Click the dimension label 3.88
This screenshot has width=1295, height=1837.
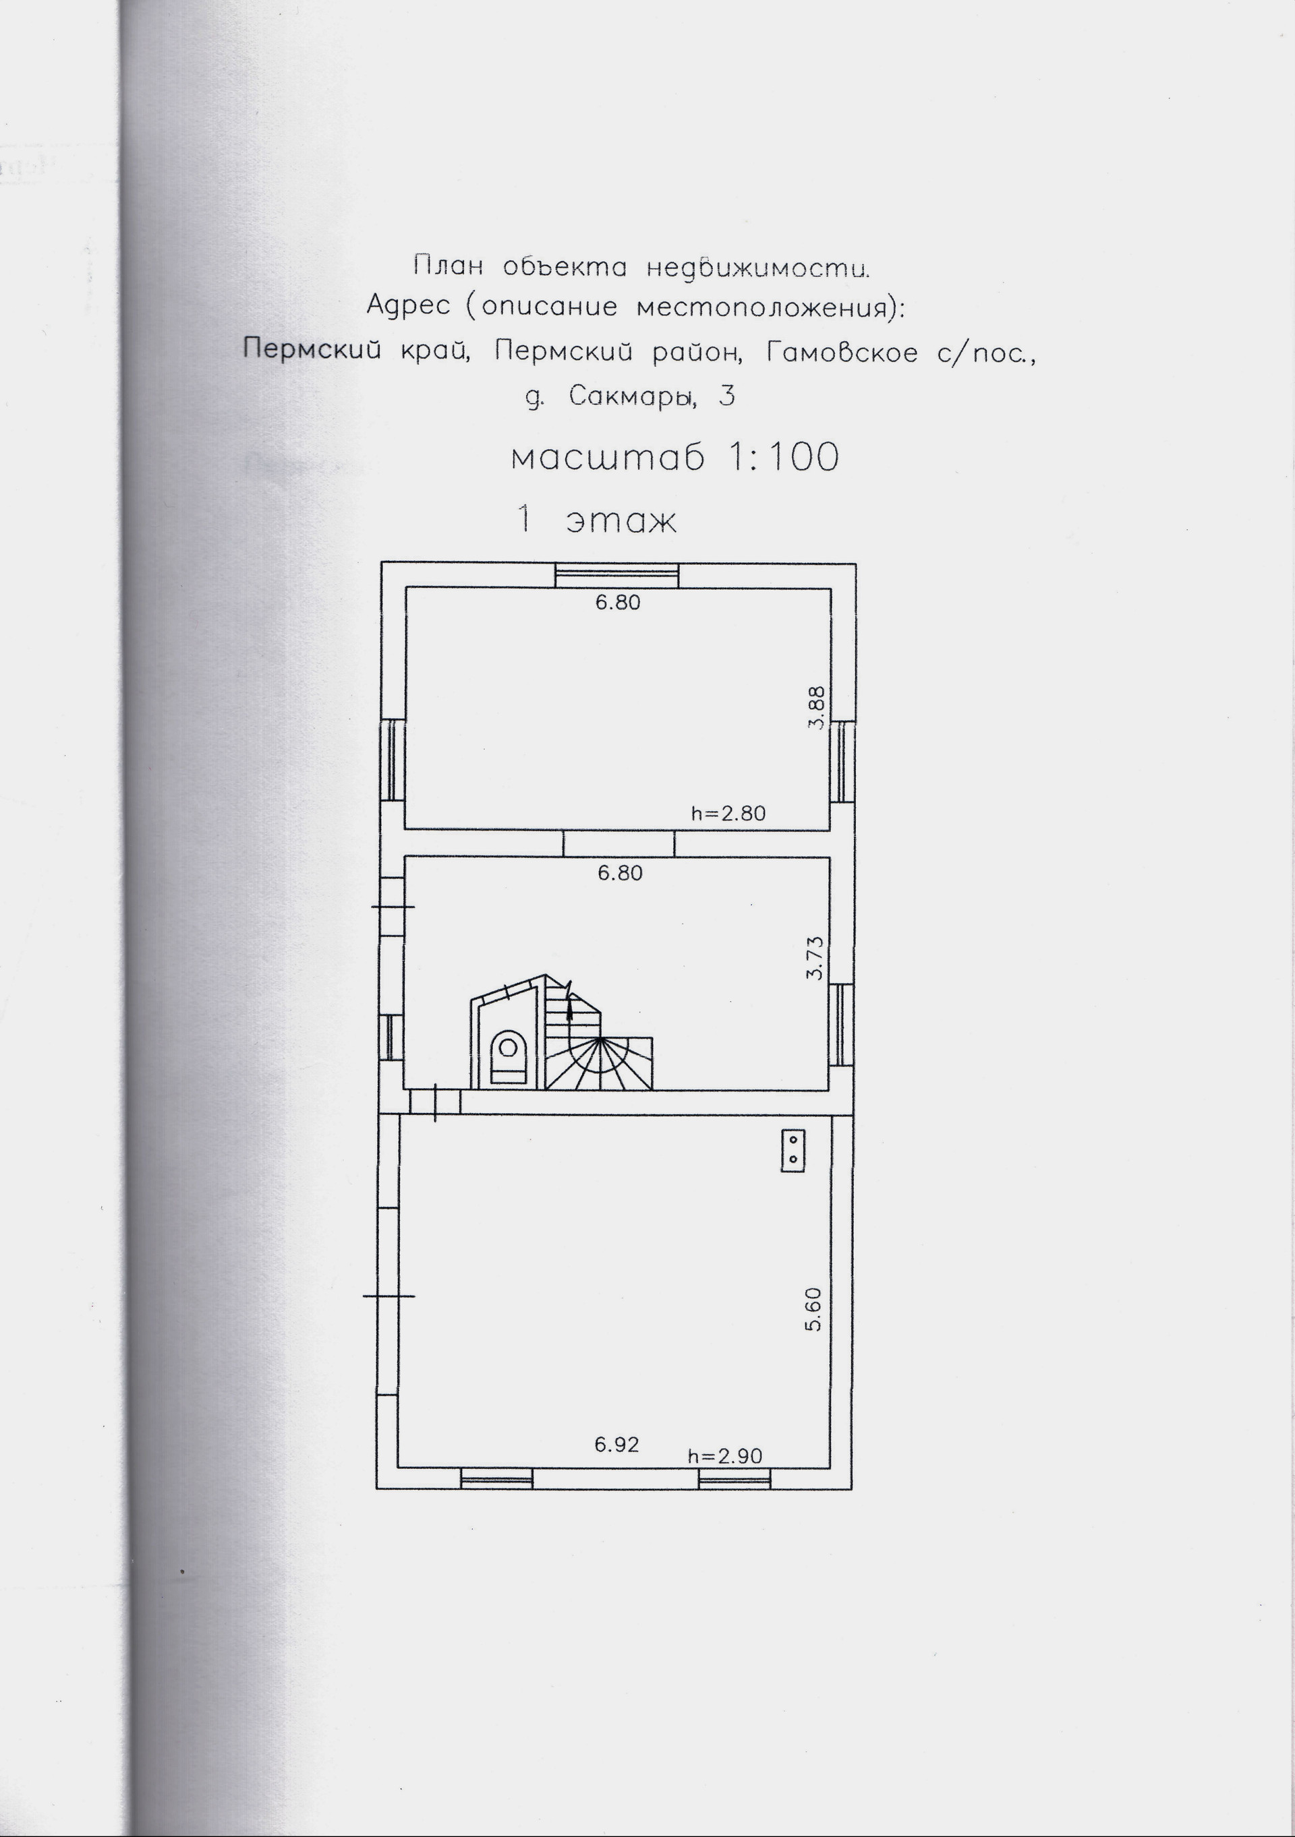tap(815, 707)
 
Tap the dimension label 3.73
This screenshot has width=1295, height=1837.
tap(815, 958)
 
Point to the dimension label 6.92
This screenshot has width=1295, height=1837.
tap(616, 1444)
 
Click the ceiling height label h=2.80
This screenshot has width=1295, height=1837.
tap(728, 814)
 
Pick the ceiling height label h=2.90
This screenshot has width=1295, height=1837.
tap(725, 1455)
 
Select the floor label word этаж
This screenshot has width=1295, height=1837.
tap(622, 522)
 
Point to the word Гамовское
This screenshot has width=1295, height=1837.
tap(842, 352)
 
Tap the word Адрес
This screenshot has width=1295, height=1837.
tap(407, 307)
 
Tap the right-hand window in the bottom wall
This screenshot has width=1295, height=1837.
tap(734, 1479)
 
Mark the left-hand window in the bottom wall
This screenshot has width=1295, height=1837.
tap(497, 1479)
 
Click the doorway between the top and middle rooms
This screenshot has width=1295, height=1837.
tap(618, 843)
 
